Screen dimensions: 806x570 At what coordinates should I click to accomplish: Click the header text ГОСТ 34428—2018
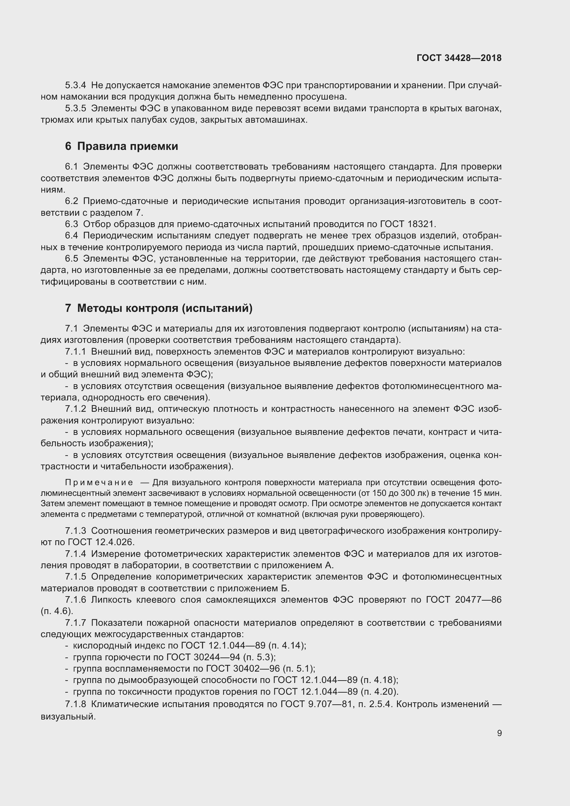(x=459, y=58)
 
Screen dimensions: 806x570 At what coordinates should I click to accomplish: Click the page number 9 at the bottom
(x=499, y=733)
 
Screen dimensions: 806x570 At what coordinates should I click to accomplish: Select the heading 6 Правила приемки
(x=121, y=146)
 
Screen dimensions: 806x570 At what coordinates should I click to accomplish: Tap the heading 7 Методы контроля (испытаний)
(x=159, y=308)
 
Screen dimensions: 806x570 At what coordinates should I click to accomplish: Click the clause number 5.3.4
(x=75, y=85)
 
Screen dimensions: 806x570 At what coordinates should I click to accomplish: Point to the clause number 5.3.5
(x=75, y=109)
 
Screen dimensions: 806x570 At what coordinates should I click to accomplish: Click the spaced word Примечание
(x=99, y=482)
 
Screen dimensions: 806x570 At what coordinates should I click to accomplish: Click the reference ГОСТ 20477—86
(x=464, y=600)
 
